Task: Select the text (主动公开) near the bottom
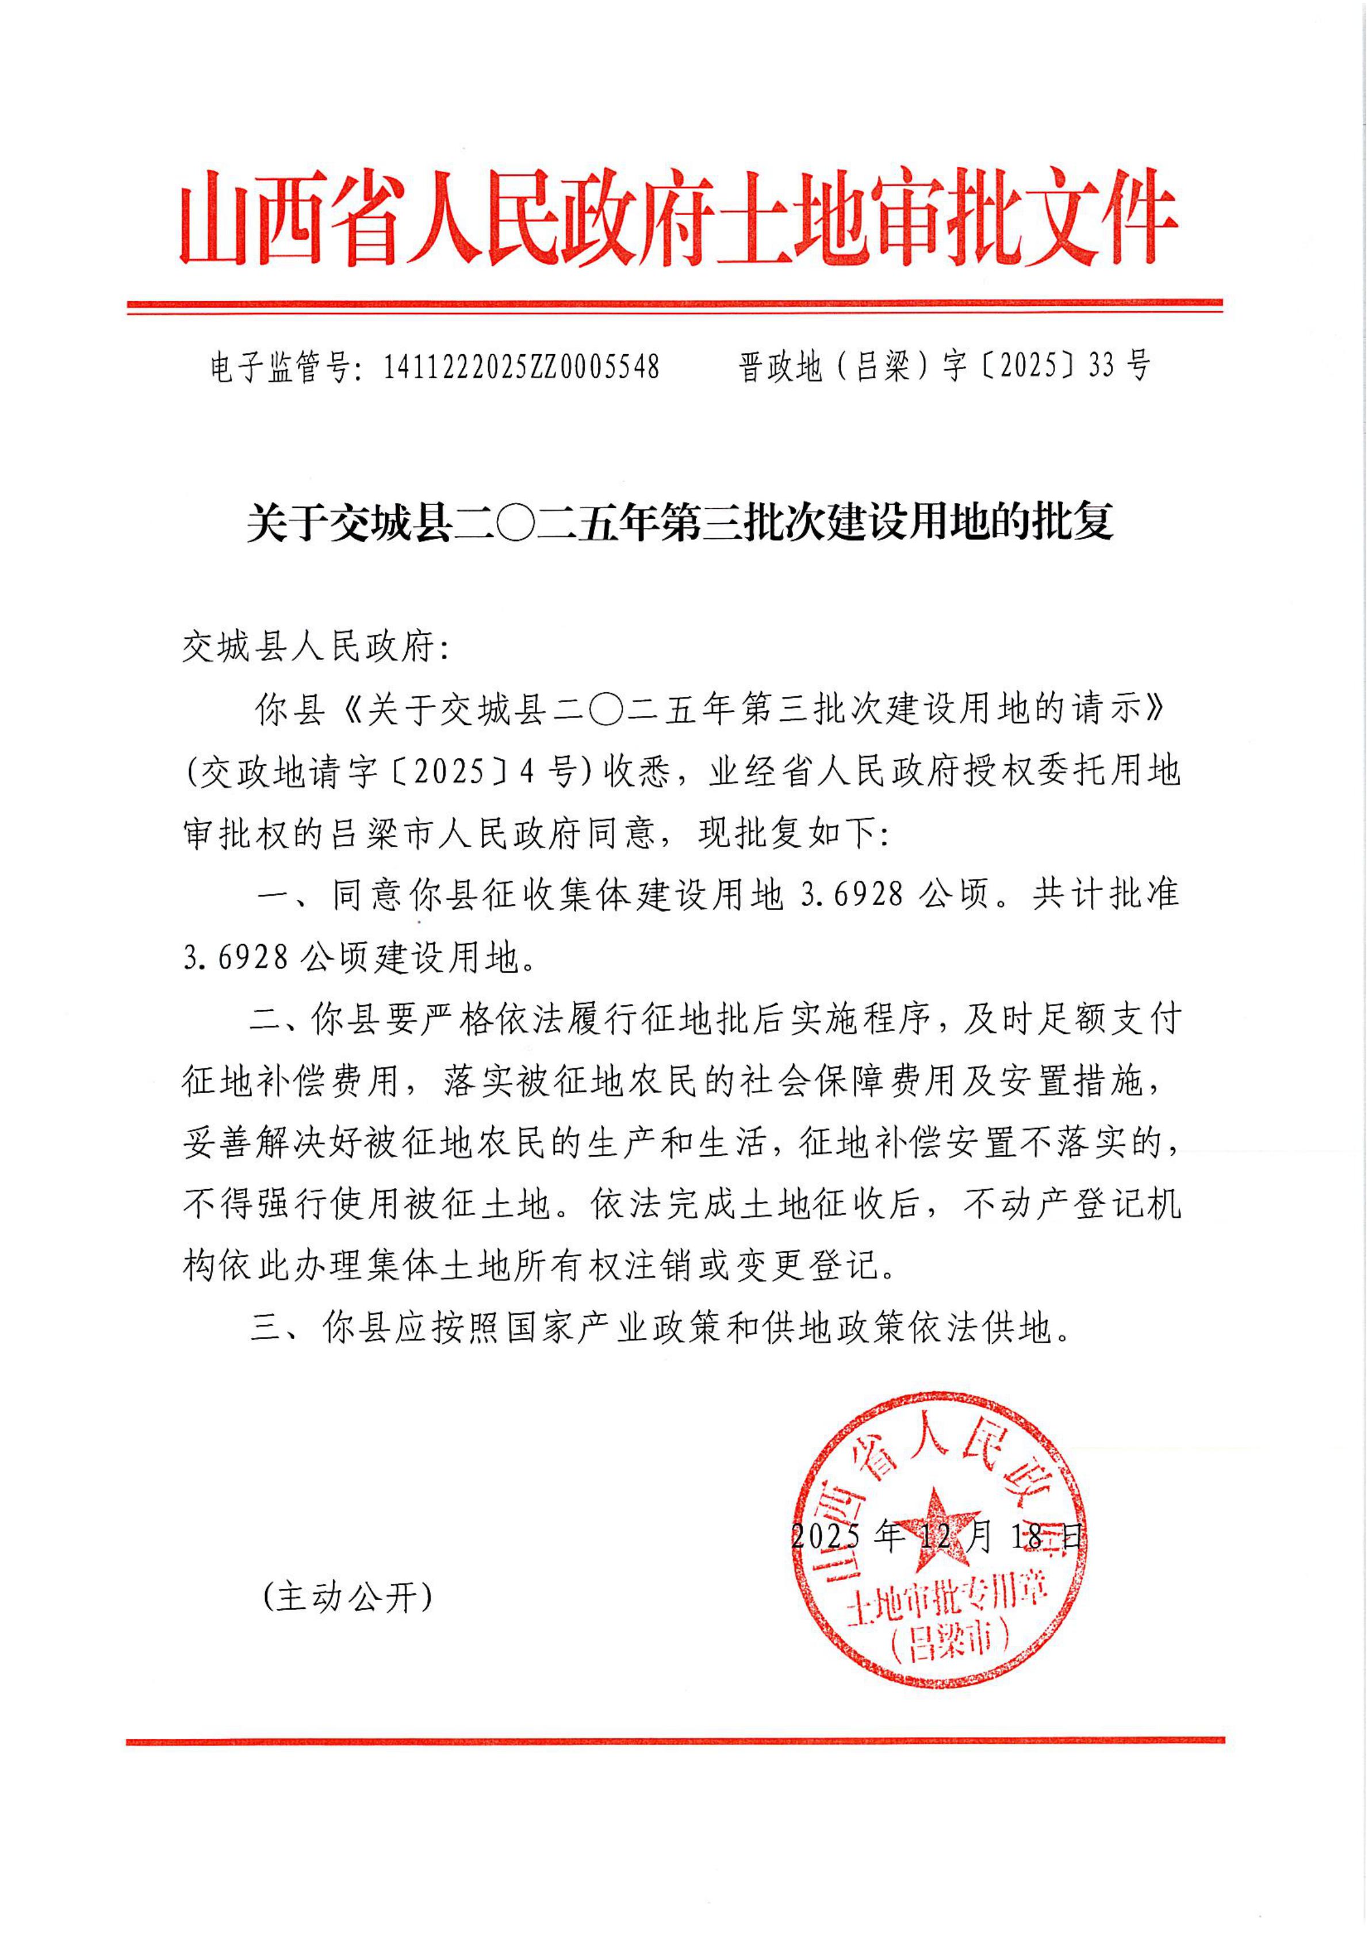(x=347, y=1596)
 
